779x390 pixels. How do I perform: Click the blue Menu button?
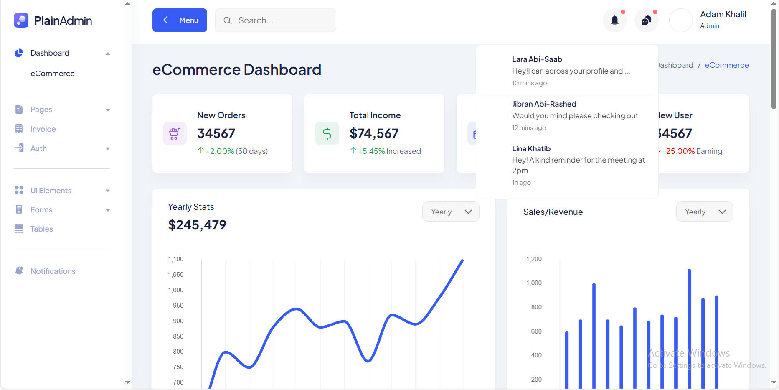point(180,20)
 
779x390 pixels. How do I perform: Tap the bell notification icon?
point(614,20)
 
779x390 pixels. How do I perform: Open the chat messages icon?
point(646,20)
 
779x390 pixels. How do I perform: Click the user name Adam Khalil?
point(723,14)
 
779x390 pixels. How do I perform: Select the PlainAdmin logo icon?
point(21,20)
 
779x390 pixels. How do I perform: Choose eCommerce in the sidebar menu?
point(53,74)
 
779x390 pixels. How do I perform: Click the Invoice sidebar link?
point(43,129)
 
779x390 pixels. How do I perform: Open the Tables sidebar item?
point(42,229)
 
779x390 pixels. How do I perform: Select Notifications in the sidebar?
point(53,271)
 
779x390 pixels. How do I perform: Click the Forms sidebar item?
point(41,210)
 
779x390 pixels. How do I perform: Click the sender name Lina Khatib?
point(531,149)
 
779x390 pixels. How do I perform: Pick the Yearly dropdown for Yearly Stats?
point(451,212)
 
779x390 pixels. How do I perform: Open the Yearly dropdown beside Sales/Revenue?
point(704,212)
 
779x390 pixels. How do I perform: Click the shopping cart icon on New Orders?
point(175,134)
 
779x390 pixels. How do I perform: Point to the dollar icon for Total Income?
point(327,134)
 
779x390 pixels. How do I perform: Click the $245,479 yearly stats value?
point(197,225)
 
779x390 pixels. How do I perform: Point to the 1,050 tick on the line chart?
point(176,275)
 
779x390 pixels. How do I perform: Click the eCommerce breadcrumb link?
point(726,65)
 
